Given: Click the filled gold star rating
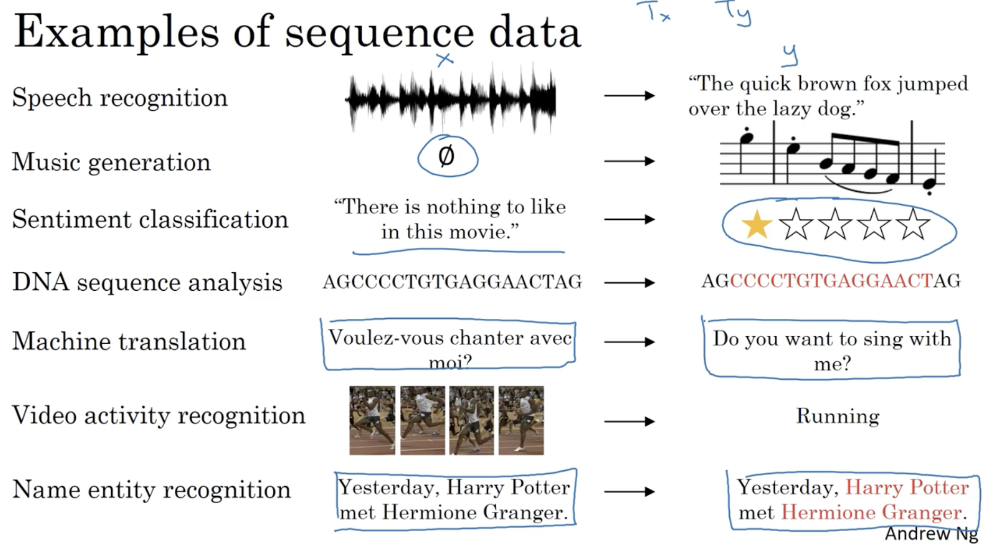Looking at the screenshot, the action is coord(757,225).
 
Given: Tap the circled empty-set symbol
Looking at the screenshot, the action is coord(446,156).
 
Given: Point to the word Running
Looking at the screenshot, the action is coord(838,416).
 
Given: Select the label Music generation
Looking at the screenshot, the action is coord(111,162).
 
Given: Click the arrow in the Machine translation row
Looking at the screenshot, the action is coord(629,342).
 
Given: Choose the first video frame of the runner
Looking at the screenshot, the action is coord(372,420).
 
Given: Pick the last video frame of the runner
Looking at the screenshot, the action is coord(521,420).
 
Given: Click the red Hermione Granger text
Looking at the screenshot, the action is coord(872,513).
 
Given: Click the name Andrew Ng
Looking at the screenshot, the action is coord(931,534).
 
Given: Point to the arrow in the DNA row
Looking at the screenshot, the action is coord(629,283).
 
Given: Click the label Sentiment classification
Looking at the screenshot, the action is coord(150,219).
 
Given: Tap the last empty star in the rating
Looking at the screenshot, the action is coord(913,225).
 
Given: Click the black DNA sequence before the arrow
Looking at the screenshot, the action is coord(452,282).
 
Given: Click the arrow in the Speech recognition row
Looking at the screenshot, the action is coord(629,96).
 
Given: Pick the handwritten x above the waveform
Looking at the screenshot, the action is coord(445,60).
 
